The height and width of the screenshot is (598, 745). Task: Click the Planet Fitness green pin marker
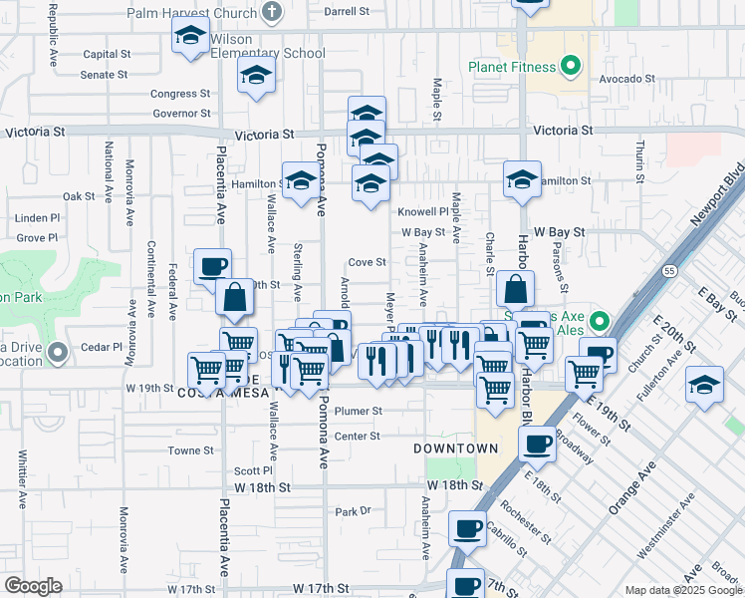(570, 68)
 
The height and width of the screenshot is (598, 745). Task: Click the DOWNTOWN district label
(456, 448)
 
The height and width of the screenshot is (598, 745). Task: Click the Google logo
(33, 585)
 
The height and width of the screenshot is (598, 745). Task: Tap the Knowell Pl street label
(423, 211)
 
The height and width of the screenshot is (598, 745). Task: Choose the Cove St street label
(366, 262)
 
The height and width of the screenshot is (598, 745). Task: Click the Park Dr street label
(353, 511)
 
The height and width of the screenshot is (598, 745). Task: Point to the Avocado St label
(625, 77)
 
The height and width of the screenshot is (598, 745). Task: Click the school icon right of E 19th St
(704, 386)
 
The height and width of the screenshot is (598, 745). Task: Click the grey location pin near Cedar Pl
(59, 351)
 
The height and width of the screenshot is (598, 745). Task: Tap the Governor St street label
(181, 114)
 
